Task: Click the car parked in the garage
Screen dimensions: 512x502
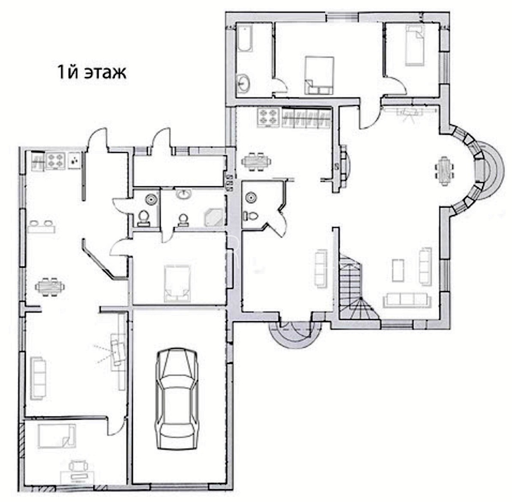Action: coord(177,399)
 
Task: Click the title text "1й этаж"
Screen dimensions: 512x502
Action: coord(92,72)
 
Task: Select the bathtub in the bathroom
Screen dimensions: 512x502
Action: coord(245,39)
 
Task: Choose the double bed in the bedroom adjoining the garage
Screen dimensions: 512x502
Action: coord(177,283)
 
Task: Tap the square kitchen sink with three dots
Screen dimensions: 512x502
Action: coord(75,161)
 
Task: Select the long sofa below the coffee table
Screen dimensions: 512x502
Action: coord(407,300)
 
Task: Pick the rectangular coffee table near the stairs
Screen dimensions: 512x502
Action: coord(398,270)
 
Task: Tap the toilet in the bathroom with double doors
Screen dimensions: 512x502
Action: coord(251,216)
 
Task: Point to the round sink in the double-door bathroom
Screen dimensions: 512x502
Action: coord(251,198)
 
